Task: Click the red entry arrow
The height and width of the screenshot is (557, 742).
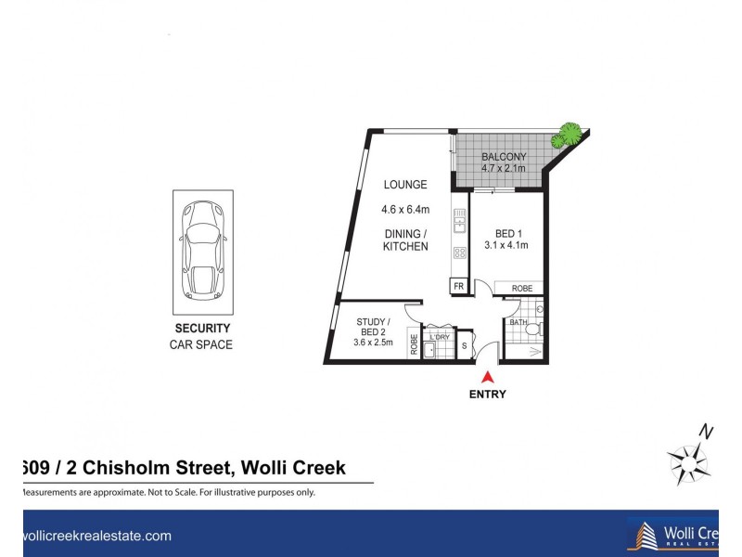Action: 489,376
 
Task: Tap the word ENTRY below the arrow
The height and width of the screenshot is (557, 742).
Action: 488,394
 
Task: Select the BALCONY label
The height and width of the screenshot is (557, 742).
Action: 504,157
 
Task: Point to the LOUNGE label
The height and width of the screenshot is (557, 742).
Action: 404,185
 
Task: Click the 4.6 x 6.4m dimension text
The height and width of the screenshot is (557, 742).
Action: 405,209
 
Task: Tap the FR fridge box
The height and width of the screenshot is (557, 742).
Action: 458,287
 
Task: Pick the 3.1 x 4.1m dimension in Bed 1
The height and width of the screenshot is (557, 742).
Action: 505,246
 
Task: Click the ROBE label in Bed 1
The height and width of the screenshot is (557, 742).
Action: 522,289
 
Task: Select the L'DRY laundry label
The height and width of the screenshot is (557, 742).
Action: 439,337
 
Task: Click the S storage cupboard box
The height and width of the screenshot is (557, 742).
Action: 465,345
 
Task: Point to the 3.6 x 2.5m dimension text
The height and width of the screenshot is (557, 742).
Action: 374,343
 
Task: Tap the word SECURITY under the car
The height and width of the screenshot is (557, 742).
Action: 202,329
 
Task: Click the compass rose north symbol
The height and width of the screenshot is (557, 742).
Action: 688,460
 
